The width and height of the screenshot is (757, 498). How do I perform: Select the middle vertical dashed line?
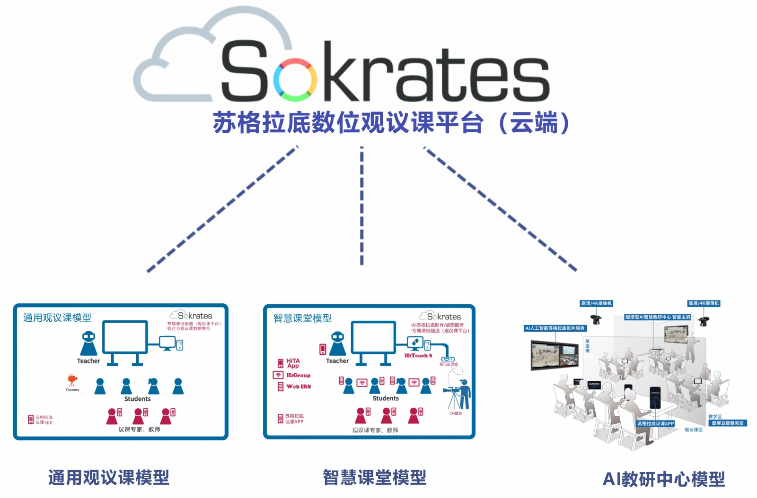[362, 206]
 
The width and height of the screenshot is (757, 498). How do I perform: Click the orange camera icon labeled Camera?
[72, 380]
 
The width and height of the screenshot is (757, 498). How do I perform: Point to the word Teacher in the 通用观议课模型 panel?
[88, 361]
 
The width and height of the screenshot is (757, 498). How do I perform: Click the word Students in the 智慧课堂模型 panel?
[386, 398]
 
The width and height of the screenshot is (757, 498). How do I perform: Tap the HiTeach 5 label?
[418, 356]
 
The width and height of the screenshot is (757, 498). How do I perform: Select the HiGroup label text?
[298, 375]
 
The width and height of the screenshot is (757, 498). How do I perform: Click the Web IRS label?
[299, 386]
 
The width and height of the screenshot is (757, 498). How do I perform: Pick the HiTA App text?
[293, 363]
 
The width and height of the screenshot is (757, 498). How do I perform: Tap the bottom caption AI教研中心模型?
[663, 479]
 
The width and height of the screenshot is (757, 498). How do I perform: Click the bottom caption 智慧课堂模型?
[375, 477]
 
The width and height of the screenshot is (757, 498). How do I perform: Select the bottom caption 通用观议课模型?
[109, 477]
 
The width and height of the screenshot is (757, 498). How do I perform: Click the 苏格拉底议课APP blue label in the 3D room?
[655, 423]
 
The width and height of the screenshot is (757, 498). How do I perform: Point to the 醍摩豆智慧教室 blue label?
[728, 423]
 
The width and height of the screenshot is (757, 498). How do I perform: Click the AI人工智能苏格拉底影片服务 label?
[555, 328]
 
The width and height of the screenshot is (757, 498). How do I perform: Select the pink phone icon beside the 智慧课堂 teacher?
[323, 349]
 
